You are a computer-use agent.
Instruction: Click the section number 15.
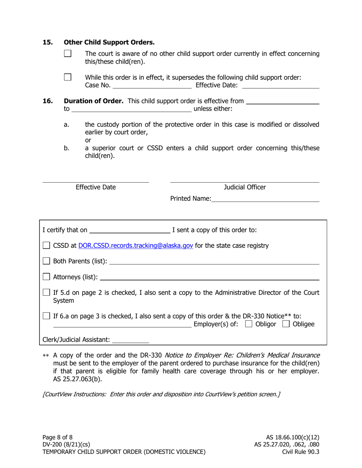pos(47,42)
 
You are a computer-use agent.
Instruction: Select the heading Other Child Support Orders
pos(109,42)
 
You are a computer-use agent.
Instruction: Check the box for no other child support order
pos(67,54)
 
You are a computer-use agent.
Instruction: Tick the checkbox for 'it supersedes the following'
pos(67,77)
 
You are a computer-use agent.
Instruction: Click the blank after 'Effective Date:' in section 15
pos(280,86)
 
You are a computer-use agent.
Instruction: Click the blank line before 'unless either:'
pos(131,110)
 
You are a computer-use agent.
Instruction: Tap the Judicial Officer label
pos(245,187)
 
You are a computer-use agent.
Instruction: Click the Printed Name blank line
pos(265,199)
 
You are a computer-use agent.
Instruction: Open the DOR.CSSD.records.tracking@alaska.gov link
pos(135,246)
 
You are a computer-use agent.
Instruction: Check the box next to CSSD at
pos(46,246)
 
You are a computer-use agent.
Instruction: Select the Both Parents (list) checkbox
pos(46,261)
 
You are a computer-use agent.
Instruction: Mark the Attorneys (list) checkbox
pos(46,277)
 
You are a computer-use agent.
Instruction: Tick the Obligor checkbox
pos(249,324)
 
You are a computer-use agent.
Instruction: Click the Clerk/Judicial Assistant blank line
pos(131,340)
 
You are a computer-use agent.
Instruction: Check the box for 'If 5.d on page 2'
pos(46,293)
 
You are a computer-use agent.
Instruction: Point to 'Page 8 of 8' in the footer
pos(58,437)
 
